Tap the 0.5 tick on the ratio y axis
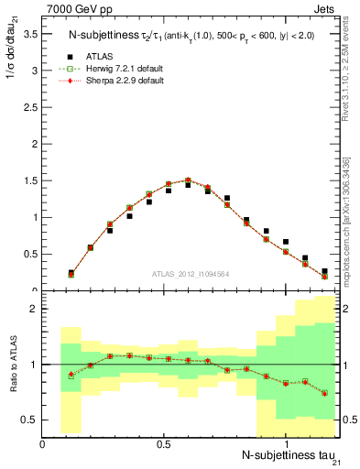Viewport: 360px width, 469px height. point(28,420)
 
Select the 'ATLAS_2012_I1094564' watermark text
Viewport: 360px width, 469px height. point(191,272)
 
